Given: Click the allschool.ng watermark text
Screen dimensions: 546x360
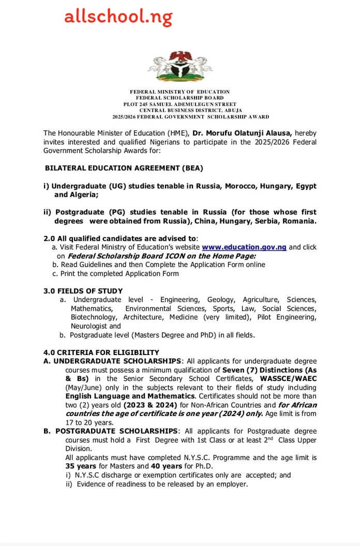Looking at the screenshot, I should coord(118,18).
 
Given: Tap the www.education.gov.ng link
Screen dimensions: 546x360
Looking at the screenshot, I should coord(244,247).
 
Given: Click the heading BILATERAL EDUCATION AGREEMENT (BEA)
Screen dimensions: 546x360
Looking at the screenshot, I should coord(124,168).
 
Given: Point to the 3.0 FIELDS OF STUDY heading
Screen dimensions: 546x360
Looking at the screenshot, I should coord(83,291).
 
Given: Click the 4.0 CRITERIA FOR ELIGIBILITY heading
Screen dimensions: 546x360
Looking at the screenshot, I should coord(101,352).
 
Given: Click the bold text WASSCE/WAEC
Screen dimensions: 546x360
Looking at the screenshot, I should coord(289,378).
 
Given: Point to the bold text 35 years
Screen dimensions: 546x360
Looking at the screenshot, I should coord(82,466).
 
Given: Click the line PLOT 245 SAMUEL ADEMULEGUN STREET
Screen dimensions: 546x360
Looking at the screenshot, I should coord(180,104).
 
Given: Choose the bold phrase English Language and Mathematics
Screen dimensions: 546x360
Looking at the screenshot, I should coord(129,396).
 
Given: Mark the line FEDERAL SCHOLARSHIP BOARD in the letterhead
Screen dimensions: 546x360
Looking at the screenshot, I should coord(180,98).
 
